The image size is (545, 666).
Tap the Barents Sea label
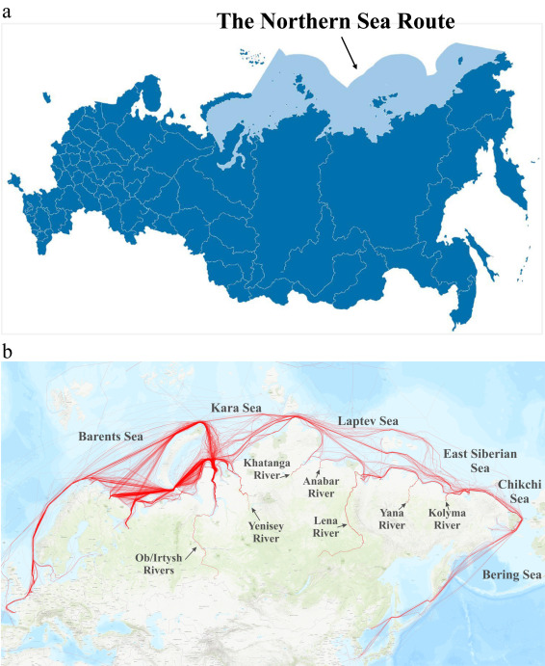click(111, 437)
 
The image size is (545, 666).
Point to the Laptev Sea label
click(367, 421)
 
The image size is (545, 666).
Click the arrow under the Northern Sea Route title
click(350, 54)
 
